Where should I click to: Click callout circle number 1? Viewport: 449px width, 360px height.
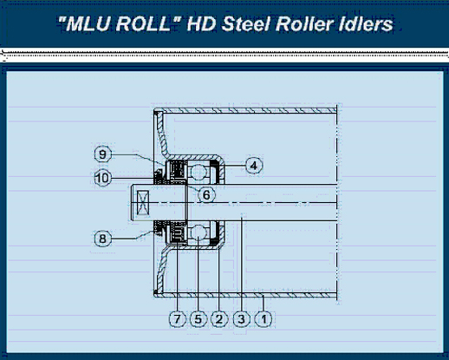(264, 319)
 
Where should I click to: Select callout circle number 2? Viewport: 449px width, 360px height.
(219, 319)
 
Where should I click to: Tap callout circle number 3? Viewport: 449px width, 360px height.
(242, 319)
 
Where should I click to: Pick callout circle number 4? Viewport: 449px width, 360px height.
(254, 166)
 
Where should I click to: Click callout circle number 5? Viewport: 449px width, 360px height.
(198, 319)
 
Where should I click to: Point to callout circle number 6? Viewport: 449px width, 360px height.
(206, 194)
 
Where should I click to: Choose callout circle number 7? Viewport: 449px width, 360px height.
(177, 319)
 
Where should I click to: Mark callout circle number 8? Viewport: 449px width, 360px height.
(103, 239)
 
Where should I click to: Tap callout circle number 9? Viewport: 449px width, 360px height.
(103, 154)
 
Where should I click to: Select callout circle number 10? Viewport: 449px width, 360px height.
(103, 178)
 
